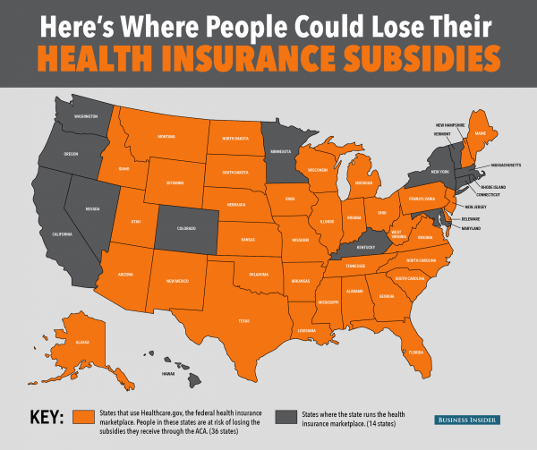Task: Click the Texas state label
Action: (x=243, y=319)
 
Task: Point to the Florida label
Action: (x=414, y=352)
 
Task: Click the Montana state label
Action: (x=166, y=136)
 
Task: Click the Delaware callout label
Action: (x=471, y=218)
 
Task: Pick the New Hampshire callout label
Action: (x=449, y=124)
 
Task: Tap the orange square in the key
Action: (x=85, y=418)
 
